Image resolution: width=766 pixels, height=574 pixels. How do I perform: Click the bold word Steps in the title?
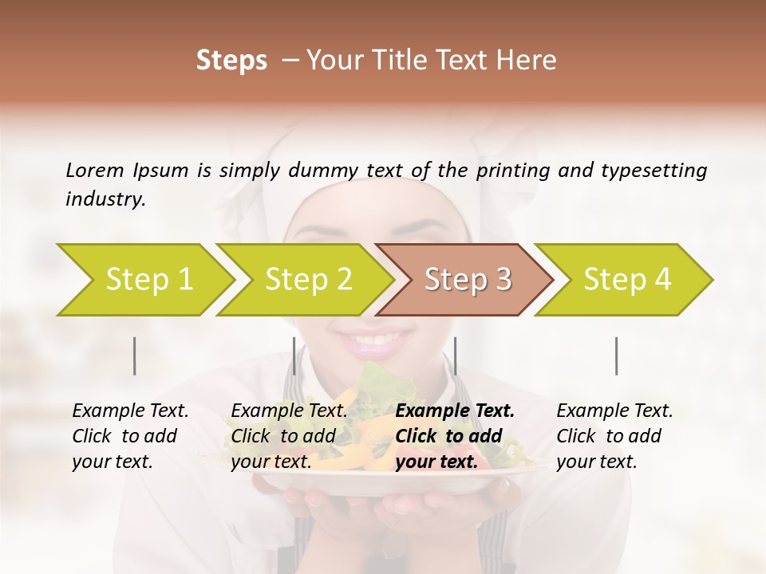(231, 61)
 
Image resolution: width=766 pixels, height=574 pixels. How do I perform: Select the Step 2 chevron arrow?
(308, 280)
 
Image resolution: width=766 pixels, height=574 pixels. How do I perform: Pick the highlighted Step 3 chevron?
(467, 280)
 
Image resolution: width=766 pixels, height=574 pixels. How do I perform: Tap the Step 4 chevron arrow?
(626, 280)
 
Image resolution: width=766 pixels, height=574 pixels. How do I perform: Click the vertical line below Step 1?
(135, 356)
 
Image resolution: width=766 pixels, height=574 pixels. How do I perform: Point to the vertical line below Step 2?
(294, 356)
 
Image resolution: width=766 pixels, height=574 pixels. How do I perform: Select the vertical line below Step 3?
(455, 356)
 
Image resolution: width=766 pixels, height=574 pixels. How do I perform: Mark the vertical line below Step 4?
(616, 356)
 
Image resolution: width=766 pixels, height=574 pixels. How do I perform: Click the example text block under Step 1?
(130, 436)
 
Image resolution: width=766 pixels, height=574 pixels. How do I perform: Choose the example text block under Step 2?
(289, 436)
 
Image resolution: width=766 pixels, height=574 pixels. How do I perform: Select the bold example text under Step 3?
(455, 436)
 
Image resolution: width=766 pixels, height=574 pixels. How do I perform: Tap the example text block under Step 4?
(614, 436)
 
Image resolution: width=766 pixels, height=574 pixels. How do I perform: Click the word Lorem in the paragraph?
(95, 170)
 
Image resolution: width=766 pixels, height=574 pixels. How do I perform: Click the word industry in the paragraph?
(105, 199)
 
